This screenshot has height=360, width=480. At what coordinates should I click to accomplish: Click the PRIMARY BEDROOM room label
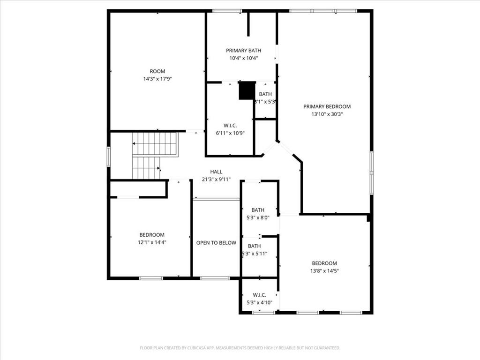click(x=327, y=106)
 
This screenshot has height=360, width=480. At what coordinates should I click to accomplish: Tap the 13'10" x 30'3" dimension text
click(x=327, y=114)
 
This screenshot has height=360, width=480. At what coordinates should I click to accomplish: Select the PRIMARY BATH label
click(x=243, y=51)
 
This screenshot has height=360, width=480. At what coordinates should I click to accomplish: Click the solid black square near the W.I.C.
click(x=247, y=90)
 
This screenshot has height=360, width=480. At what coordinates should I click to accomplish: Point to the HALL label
click(x=216, y=172)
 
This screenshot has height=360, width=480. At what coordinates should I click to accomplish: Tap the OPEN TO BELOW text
click(x=216, y=243)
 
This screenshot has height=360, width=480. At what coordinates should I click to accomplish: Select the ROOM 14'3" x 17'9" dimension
click(x=157, y=79)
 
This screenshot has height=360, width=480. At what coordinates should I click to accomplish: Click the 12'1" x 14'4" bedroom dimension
click(x=152, y=242)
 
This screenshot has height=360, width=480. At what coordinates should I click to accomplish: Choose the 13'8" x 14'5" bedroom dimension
click(x=324, y=270)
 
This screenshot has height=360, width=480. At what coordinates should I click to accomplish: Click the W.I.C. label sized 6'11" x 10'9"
click(x=230, y=126)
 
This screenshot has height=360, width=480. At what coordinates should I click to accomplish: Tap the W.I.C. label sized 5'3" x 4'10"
click(x=259, y=295)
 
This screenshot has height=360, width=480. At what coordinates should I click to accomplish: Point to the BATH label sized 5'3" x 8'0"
click(x=257, y=210)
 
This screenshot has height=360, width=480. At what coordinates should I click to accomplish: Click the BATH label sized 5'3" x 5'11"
click(x=255, y=246)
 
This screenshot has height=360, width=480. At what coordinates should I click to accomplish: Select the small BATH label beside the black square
click(x=265, y=94)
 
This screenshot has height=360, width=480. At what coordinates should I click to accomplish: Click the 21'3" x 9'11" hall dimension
click(x=216, y=179)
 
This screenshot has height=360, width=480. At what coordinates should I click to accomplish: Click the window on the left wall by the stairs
click(x=108, y=156)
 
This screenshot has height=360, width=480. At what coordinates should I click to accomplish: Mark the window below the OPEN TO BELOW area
click(x=215, y=278)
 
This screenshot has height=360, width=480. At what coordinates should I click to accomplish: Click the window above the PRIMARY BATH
click(x=227, y=11)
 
